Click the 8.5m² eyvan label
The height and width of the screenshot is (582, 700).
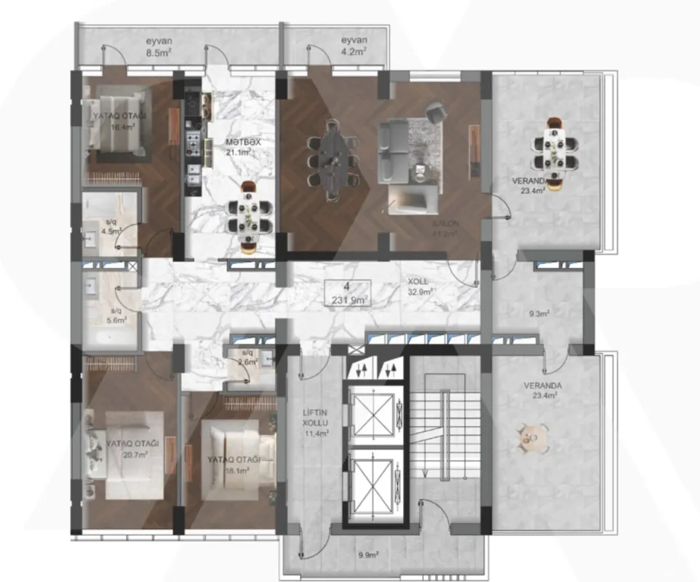[158, 47]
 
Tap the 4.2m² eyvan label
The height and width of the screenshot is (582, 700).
[354, 47]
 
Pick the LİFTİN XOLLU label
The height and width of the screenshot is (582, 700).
[316, 423]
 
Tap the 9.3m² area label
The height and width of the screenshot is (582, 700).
[538, 314]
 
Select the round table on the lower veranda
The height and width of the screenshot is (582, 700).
[530, 439]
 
